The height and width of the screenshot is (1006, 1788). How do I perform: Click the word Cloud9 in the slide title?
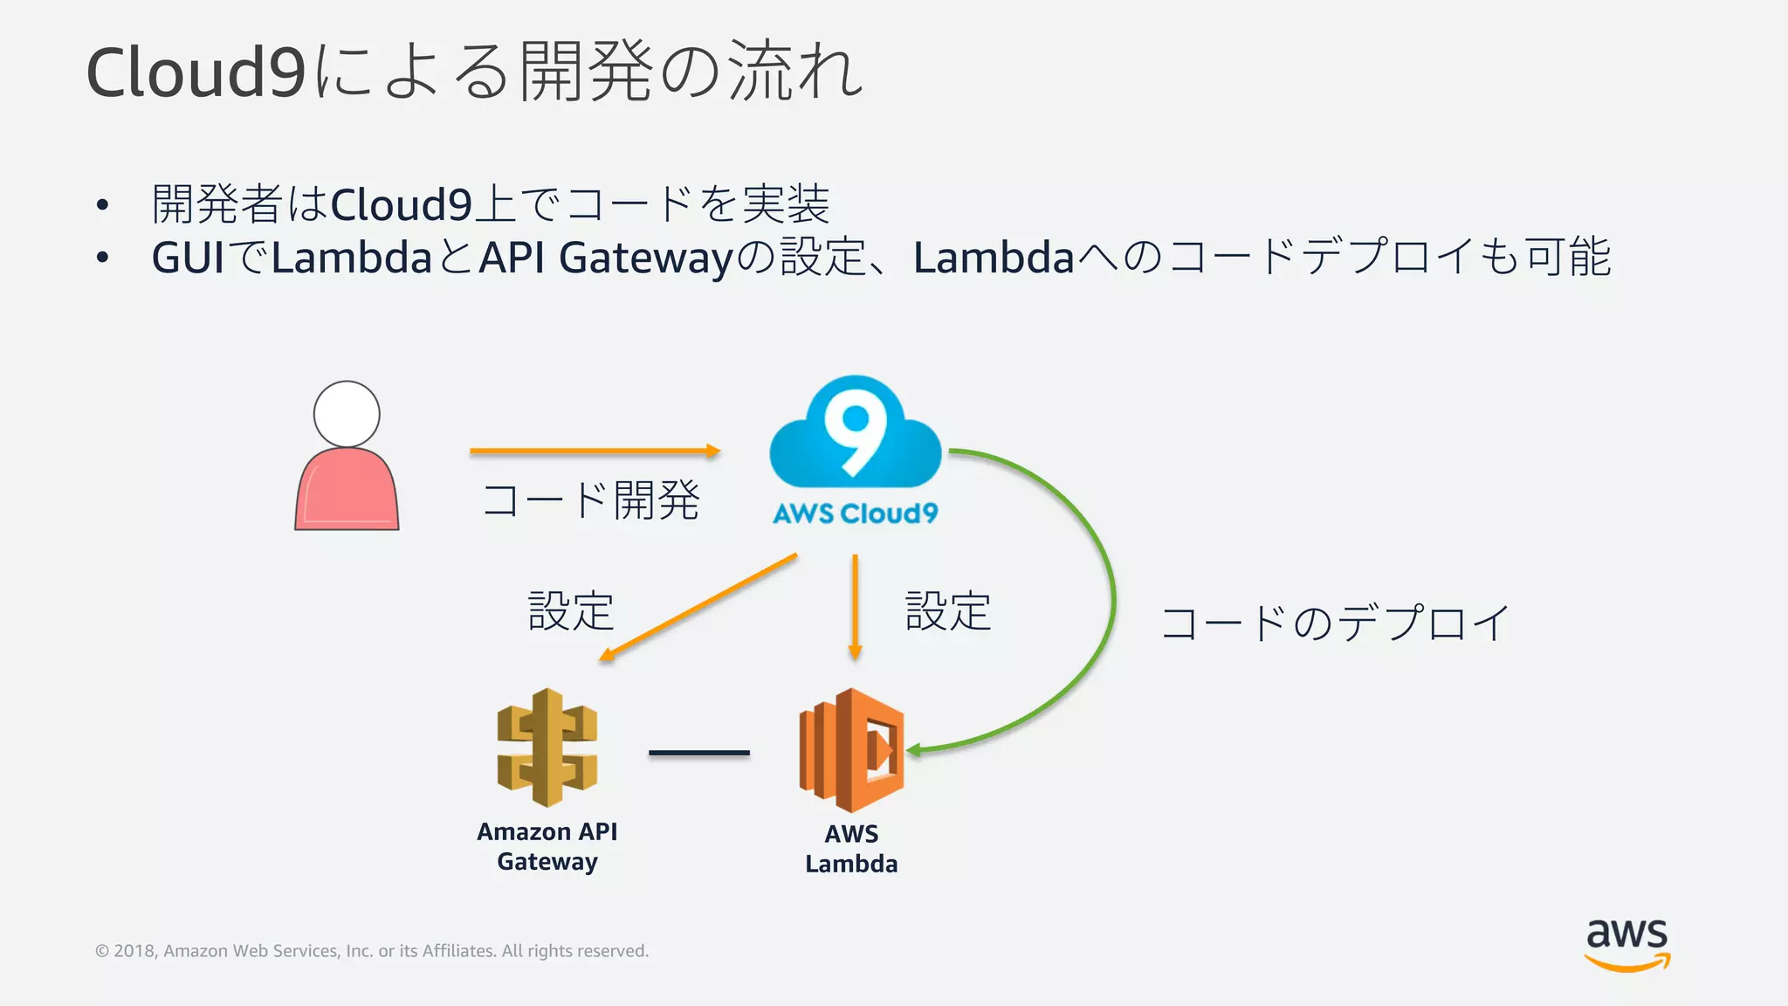click(x=196, y=72)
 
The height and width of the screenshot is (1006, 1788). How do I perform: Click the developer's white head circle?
click(x=347, y=414)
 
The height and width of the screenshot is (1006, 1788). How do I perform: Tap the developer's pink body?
click(x=347, y=493)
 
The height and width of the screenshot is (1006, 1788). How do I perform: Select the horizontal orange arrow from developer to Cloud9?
click(x=594, y=451)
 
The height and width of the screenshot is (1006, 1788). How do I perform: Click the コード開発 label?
click(x=591, y=501)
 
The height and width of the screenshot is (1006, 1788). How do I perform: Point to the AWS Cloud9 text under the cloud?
click(x=855, y=513)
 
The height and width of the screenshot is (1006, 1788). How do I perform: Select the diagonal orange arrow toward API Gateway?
click(x=698, y=606)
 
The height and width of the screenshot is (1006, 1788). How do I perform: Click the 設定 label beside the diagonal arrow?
click(x=571, y=610)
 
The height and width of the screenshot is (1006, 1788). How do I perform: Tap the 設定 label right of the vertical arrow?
click(x=948, y=610)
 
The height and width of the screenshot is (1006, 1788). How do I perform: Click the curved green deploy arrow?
click(x=1111, y=603)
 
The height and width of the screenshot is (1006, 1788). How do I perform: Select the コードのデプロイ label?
click(x=1335, y=624)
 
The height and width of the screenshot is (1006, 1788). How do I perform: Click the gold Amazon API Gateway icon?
click(x=547, y=748)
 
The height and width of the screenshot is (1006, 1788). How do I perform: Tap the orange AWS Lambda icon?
click(x=851, y=750)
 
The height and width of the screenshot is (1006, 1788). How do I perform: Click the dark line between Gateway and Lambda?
click(x=698, y=752)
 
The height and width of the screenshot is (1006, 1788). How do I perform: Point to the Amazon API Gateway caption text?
click(x=547, y=846)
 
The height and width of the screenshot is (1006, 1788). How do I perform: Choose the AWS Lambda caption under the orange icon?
click(x=851, y=849)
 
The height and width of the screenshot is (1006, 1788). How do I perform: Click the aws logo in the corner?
click(x=1626, y=943)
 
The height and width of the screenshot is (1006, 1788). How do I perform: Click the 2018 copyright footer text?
click(x=372, y=951)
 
